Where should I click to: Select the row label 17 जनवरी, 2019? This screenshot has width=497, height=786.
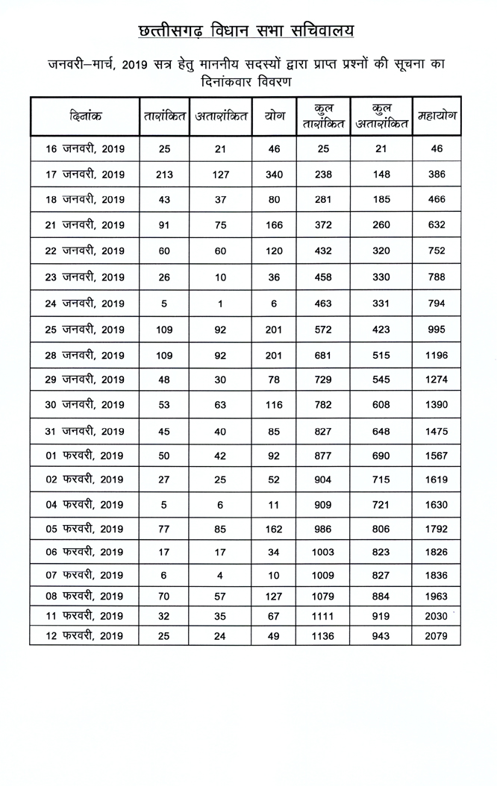84,175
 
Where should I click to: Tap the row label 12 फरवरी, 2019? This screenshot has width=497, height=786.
84,636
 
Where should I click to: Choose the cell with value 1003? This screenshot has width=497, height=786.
323,552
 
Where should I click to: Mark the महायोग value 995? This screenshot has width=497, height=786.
437,330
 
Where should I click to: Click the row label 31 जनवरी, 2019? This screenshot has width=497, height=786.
84,431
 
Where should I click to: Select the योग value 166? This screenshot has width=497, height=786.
274,224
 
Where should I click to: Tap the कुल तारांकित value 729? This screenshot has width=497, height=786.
323,380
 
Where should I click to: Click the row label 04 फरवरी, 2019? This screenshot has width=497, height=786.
84,504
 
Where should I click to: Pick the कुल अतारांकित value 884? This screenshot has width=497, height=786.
381,597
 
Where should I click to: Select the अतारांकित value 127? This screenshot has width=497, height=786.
220,175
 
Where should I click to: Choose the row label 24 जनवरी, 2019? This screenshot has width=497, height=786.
84,304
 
